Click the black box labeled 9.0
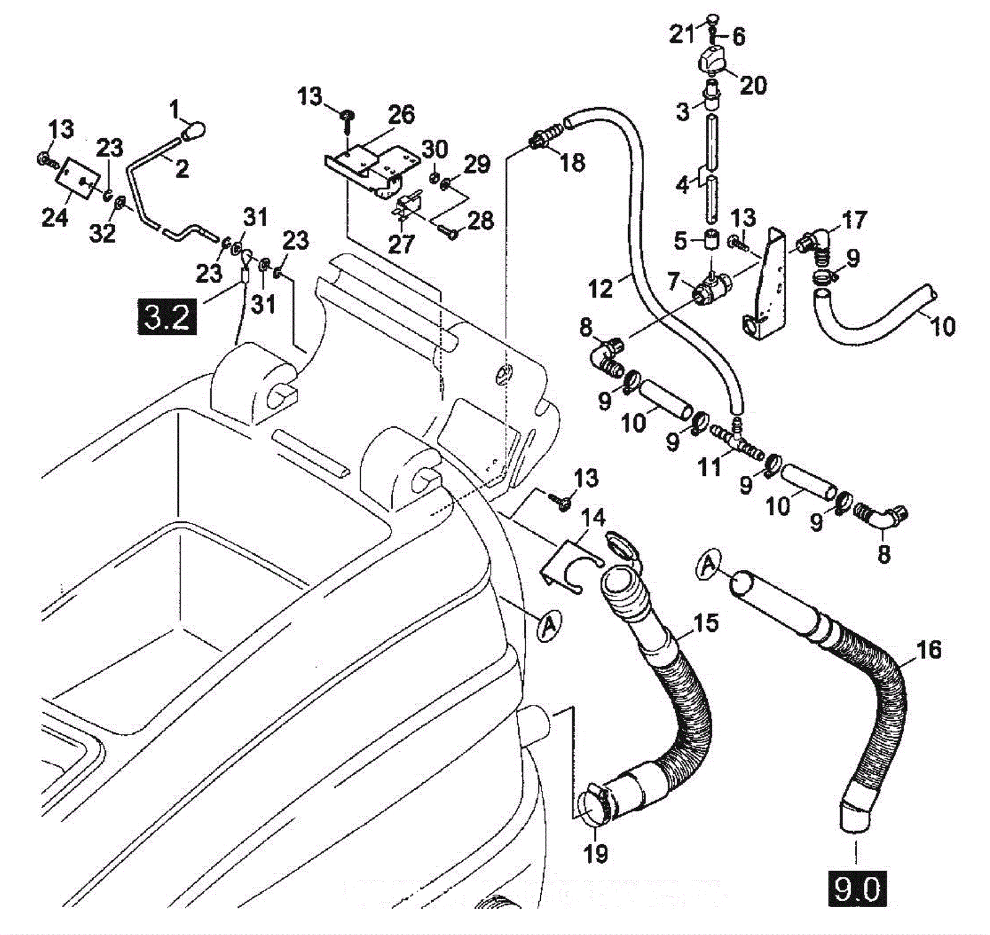click(x=857, y=890)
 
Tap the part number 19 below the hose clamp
click(x=596, y=854)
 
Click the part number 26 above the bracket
click(x=401, y=114)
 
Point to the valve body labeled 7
click(x=713, y=288)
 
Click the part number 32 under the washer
click(x=102, y=233)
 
